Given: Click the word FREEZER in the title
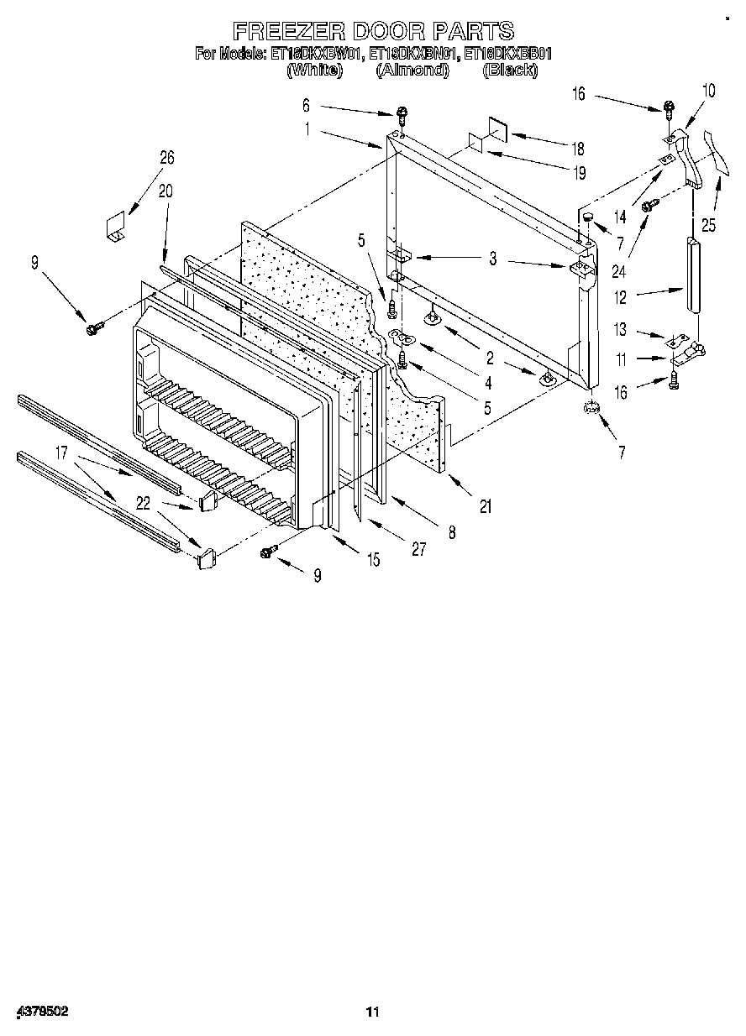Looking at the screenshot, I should [287, 32].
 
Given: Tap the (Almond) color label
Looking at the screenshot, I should [412, 71].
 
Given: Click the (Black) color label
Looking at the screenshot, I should [510, 71].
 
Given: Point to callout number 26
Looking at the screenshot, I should [167, 157].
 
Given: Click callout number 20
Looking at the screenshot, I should [165, 191].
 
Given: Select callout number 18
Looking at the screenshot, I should [577, 149].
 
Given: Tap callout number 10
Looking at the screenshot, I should [708, 91].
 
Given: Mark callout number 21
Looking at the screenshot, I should [485, 506].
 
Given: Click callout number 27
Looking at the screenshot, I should [418, 550].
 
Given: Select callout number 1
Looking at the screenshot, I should [307, 129].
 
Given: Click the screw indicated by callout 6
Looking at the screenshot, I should [402, 114].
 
